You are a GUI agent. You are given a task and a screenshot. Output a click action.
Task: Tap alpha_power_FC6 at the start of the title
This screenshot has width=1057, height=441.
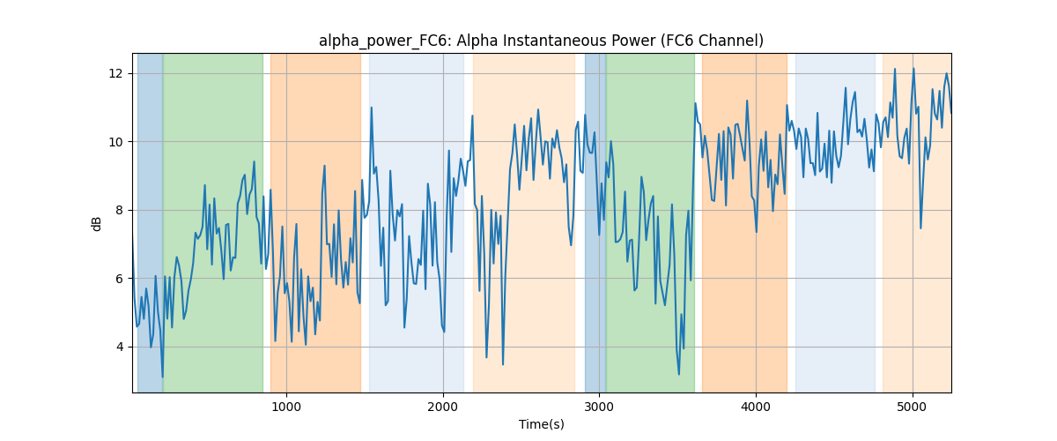click(x=383, y=41)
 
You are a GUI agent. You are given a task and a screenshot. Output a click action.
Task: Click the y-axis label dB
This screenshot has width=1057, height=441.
click(x=96, y=224)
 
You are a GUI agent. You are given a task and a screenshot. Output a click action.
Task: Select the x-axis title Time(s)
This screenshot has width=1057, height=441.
click(x=541, y=424)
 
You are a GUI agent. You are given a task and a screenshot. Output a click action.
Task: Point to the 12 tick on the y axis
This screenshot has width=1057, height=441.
click(x=115, y=74)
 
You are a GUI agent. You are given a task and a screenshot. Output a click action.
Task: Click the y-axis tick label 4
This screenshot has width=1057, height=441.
click(x=119, y=347)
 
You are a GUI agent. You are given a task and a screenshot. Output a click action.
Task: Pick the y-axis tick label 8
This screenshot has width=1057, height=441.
click(x=119, y=210)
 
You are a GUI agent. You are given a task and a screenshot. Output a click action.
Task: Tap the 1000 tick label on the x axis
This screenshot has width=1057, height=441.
click(x=286, y=407)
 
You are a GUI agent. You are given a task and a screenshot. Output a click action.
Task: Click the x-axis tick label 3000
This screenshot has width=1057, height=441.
click(x=599, y=407)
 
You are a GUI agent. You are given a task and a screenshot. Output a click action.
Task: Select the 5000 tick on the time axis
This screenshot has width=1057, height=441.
click(x=913, y=407)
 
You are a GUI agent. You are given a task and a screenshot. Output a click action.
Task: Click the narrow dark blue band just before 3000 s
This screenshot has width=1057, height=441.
click(x=595, y=222)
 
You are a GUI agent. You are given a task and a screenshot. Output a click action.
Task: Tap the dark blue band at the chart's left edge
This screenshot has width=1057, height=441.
click(x=150, y=222)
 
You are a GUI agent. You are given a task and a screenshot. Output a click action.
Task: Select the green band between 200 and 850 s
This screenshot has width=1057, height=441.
click(x=213, y=222)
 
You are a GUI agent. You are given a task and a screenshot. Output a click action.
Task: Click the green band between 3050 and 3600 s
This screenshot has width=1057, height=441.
click(x=650, y=222)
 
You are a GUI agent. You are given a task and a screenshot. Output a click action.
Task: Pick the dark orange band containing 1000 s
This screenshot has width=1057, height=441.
click(x=315, y=222)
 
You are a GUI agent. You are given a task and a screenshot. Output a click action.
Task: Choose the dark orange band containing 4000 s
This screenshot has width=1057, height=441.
click(x=744, y=222)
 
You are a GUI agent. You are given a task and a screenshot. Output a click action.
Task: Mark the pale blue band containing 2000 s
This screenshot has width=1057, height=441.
click(x=417, y=222)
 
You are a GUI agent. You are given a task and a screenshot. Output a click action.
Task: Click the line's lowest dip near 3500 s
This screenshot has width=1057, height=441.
click(x=679, y=374)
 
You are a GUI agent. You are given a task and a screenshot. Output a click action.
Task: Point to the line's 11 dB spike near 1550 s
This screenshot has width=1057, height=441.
click(x=372, y=108)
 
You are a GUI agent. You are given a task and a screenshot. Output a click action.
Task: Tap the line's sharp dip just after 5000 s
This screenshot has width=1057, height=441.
click(x=920, y=228)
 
